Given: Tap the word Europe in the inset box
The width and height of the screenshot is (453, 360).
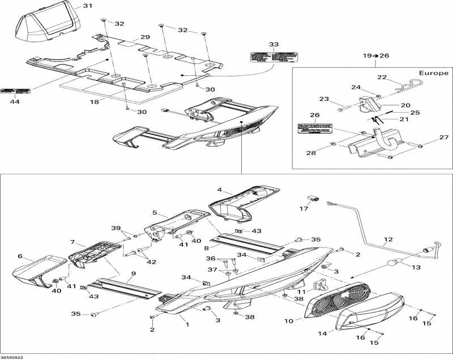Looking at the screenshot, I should (x=434, y=73).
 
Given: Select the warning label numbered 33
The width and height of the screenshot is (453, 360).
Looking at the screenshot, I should (x=274, y=57).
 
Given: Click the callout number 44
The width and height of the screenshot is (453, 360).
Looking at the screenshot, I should (x=14, y=102).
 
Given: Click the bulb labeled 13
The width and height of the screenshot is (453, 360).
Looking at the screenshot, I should (x=392, y=263).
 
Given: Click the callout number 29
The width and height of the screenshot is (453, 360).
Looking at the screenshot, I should (x=145, y=37).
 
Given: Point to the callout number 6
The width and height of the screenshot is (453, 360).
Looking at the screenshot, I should (x=20, y=256).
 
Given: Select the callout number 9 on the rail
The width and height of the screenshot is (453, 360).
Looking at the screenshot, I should (x=133, y=274).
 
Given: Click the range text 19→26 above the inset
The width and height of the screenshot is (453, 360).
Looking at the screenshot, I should (x=377, y=56).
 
